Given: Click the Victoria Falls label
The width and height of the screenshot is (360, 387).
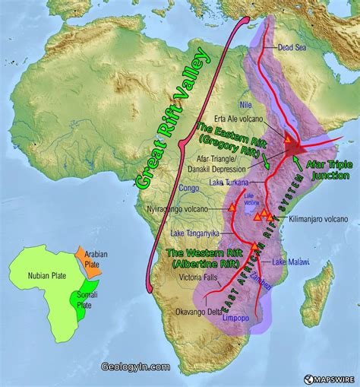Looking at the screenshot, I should [x=196, y=278].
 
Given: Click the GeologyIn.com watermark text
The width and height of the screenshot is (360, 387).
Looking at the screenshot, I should [x=136, y=366].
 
